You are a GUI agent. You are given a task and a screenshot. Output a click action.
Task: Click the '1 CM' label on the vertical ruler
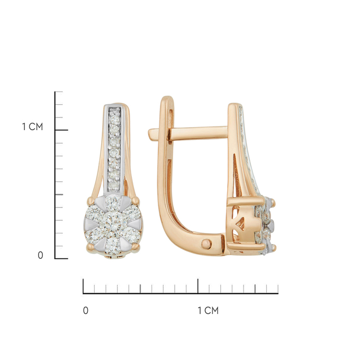[32, 127]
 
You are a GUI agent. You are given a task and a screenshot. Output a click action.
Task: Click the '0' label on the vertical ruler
[40, 255]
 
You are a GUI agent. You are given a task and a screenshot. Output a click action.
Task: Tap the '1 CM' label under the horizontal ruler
[208, 311]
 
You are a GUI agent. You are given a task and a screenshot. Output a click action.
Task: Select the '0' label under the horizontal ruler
[86, 311]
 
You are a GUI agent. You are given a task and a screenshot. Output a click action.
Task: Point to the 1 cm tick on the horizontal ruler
[198, 286]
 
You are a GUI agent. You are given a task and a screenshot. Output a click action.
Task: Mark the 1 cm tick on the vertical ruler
[61, 130]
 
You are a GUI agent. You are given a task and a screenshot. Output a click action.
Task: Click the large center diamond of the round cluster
[113, 223]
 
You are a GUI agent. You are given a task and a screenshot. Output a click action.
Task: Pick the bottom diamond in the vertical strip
[114, 185]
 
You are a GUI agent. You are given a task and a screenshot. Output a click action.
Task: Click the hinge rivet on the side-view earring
[206, 244]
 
